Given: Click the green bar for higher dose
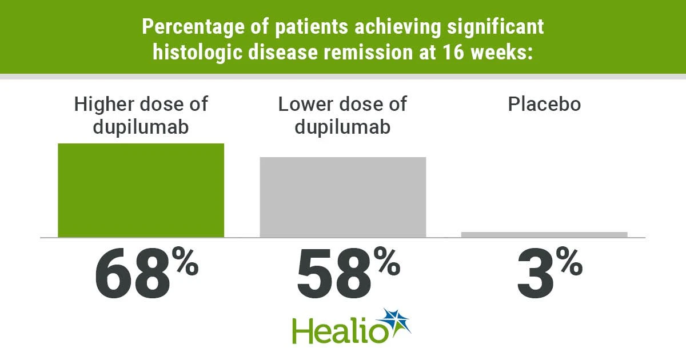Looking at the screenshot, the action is [141, 190].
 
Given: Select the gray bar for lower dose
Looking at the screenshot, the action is [343, 197].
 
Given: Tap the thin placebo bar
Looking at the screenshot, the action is [544, 234].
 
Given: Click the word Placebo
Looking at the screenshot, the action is [544, 104].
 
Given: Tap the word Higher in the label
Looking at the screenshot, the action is [105, 105].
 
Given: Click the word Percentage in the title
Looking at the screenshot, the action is [193, 27].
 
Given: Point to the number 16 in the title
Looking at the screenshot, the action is [453, 52].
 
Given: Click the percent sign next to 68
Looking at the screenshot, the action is [185, 261].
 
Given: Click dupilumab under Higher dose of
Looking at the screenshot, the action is [141, 127].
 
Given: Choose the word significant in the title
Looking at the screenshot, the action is [496, 27].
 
